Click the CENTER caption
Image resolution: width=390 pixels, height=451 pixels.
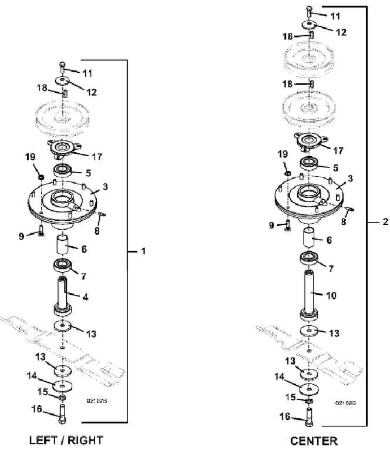(314, 440)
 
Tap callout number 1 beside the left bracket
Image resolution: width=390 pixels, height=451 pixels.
(143, 251)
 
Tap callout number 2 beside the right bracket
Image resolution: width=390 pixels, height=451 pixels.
(385, 222)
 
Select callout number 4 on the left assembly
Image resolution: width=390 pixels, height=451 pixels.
(86, 297)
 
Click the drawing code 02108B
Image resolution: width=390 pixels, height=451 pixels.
(344, 404)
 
